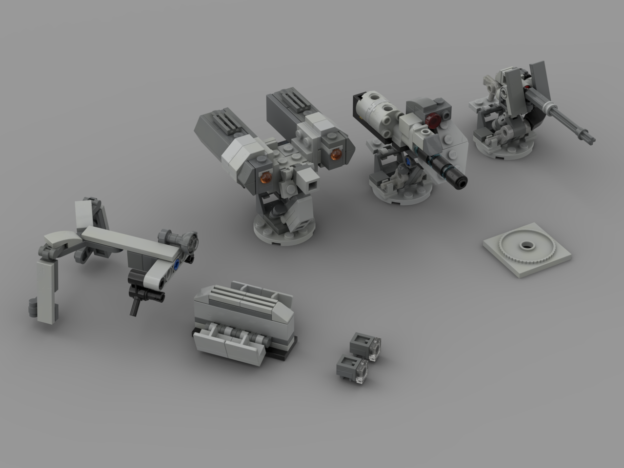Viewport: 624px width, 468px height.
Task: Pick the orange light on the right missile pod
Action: [x=335, y=155]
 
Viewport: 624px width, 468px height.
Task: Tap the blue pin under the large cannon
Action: [x=408, y=160]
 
